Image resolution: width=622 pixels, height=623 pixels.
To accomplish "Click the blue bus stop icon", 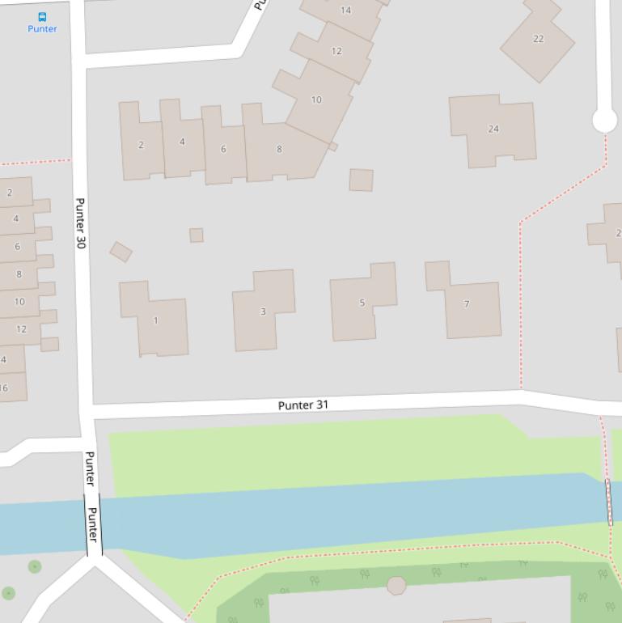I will [42, 16].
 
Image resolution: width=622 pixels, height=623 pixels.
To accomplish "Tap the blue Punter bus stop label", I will [42, 29].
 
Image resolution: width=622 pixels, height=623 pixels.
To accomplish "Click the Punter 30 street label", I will [80, 222].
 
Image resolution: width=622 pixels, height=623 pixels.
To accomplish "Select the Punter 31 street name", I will [303, 405].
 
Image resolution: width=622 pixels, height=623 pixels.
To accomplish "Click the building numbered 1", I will [155, 320].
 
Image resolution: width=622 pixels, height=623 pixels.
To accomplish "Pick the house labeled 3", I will [263, 311].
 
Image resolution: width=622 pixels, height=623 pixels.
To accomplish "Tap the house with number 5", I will [362, 303].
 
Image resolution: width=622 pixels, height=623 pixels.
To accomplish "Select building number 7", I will [467, 304].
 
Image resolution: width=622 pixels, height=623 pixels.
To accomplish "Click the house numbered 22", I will [538, 39].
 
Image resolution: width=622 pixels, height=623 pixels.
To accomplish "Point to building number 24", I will [493, 129].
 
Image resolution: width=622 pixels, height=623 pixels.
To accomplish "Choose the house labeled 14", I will [346, 11].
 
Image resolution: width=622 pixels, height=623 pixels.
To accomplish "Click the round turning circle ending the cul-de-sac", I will [604, 121].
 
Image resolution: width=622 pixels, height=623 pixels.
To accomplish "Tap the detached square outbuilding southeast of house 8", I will [361, 180].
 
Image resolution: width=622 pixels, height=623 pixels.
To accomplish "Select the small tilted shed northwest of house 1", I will [121, 252].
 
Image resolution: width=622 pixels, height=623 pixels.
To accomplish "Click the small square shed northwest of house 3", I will [196, 235].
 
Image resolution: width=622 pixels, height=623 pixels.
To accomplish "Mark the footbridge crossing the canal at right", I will [609, 502].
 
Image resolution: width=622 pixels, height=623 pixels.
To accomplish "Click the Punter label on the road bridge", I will [92, 524].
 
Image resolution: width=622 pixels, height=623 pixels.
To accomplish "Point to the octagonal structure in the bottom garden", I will [396, 585].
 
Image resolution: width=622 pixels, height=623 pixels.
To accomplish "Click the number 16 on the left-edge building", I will [4, 388].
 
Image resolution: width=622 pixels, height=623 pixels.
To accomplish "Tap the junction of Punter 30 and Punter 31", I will [87, 412].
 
